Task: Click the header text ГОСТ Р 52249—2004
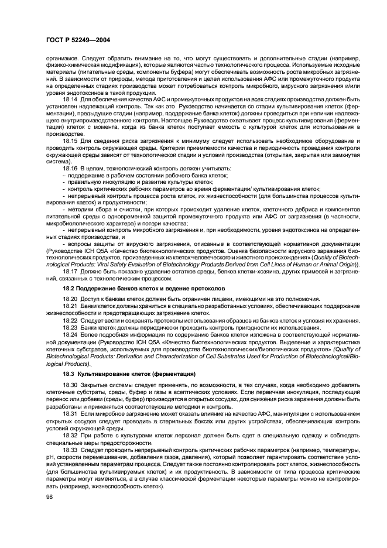pos(77,39)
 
